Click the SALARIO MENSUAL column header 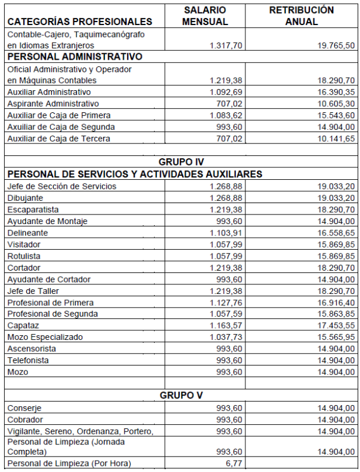[205, 16]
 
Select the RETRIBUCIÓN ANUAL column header [301, 16]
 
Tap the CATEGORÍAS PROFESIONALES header [79, 22]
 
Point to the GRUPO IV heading [182, 162]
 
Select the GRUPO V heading [182, 396]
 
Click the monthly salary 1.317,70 [226, 45]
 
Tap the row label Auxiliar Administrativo [49, 92]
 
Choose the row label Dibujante [25, 198]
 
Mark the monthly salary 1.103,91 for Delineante [226, 232]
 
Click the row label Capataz [23, 326]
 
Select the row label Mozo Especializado [45, 337]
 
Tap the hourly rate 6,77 [233, 463]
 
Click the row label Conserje [24, 407]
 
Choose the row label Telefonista [28, 360]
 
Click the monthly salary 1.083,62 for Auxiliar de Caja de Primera [226, 115]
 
